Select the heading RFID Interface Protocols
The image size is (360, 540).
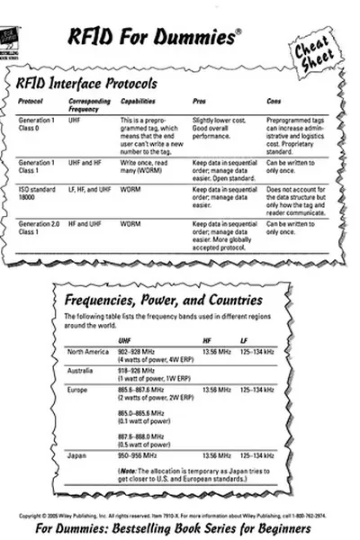87,83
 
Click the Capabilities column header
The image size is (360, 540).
140,101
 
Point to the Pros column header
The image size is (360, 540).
201,101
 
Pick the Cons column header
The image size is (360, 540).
274,101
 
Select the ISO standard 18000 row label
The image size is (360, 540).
39,194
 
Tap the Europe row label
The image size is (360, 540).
77,390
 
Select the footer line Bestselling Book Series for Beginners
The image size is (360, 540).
180,527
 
